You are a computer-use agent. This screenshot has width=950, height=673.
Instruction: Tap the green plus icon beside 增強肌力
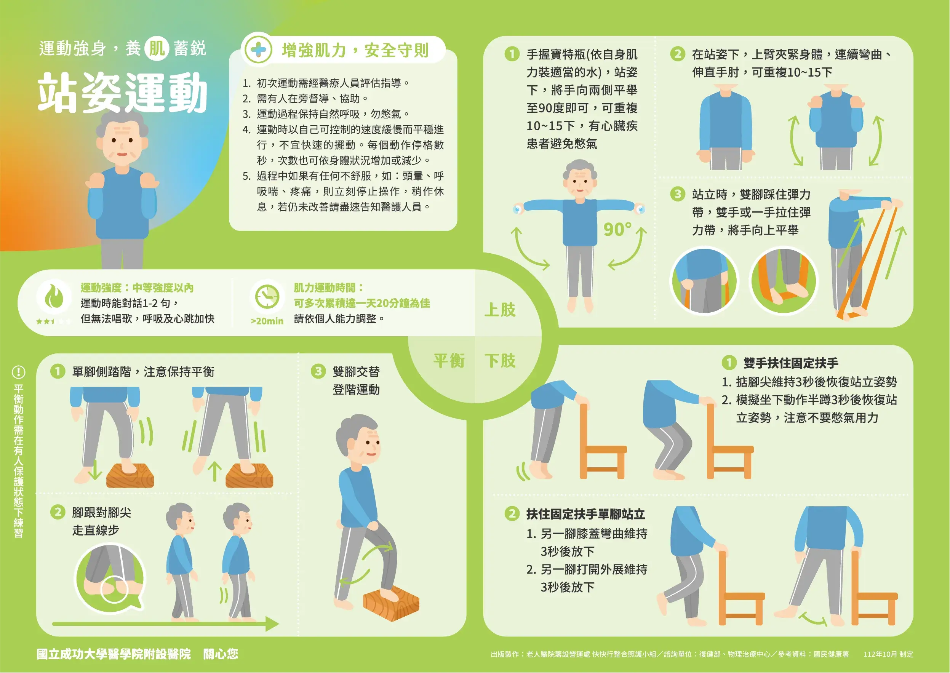pos(258,50)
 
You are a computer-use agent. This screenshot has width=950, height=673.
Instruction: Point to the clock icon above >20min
pos(267,296)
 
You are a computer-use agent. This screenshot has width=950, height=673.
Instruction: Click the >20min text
pos(267,321)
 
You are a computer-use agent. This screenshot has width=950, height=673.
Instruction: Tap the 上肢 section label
pos(500,310)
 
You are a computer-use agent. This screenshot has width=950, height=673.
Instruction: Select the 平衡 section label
pos(449,361)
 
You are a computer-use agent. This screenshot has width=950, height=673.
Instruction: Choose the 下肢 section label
pos(500,361)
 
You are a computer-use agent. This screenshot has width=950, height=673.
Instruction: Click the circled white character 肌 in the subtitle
pos(157,48)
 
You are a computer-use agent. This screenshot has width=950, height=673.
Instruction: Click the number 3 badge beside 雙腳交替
pos(318,371)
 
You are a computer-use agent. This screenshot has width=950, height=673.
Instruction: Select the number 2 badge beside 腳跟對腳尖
pos(58,512)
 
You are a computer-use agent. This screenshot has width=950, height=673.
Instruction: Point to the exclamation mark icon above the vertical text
pos(19,372)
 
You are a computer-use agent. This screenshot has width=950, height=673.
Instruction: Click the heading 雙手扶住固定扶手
pos(790,363)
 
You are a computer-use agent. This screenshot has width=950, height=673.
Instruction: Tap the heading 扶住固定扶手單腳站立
pos(585,514)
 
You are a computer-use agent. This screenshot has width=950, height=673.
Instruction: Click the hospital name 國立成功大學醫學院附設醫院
pos(114,654)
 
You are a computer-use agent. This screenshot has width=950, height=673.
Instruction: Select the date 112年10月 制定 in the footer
pos(888,654)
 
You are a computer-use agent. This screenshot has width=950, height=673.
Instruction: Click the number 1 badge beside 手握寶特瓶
pos(512,54)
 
